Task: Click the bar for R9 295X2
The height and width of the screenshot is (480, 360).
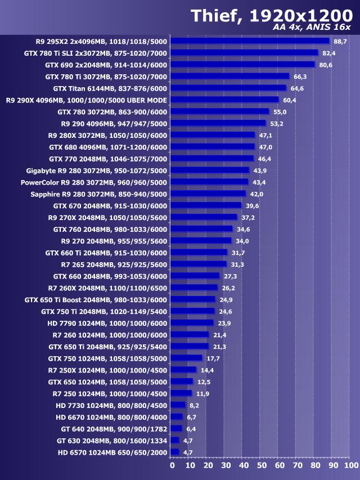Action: click(x=249, y=41)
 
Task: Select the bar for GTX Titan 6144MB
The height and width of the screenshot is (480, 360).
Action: click(x=228, y=88)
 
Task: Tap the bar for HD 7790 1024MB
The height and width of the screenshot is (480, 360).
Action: click(x=192, y=323)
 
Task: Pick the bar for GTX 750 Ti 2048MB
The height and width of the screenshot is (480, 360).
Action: click(x=192, y=311)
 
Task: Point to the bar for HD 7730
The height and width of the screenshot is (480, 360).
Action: click(x=178, y=405)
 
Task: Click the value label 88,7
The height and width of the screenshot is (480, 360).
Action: click(x=340, y=42)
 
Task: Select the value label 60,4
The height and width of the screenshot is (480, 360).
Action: click(x=289, y=100)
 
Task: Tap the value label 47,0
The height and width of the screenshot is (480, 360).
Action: click(x=265, y=147)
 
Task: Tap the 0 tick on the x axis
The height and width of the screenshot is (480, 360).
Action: click(x=172, y=465)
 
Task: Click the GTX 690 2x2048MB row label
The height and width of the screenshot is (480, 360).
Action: click(x=106, y=65)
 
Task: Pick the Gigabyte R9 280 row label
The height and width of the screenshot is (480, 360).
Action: click(x=96, y=171)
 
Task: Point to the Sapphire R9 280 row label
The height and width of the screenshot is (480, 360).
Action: click(x=98, y=194)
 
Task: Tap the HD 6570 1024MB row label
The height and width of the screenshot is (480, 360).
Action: click(x=112, y=452)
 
